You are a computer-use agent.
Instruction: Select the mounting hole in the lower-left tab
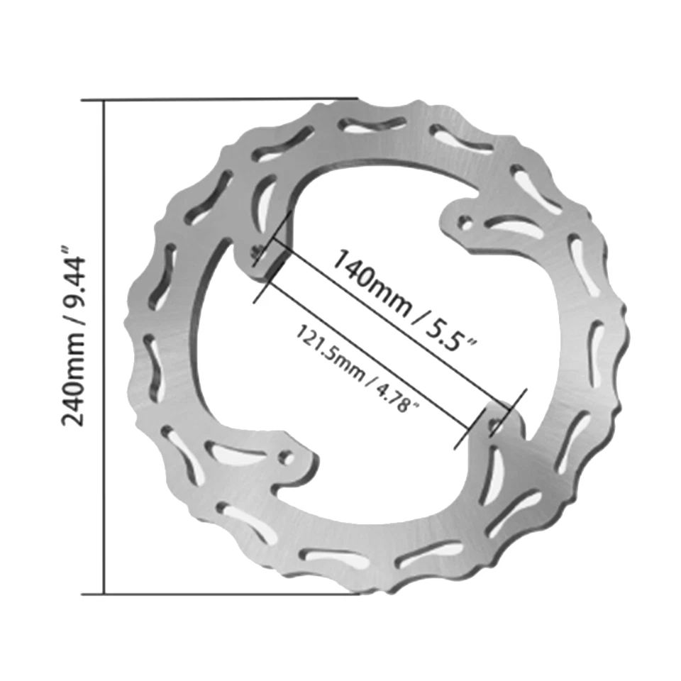pyautogui.click(x=287, y=457)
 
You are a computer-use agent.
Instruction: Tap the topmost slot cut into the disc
pyautogui.click(x=372, y=126)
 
